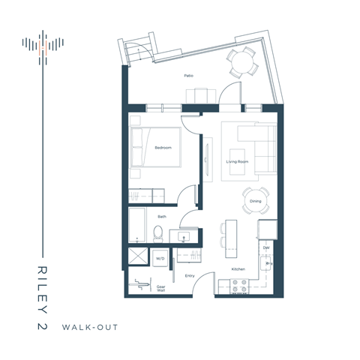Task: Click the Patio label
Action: [x=189, y=76]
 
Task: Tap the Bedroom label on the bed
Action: [x=163, y=148]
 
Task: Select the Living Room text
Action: [x=238, y=161]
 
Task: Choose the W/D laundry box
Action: [x=160, y=259]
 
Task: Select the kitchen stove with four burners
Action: [x=238, y=285]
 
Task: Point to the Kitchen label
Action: [x=238, y=268]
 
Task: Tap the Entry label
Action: [x=190, y=275]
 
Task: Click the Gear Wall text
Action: [x=160, y=287]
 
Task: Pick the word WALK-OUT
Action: [x=90, y=327]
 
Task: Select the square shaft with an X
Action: [x=138, y=257]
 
